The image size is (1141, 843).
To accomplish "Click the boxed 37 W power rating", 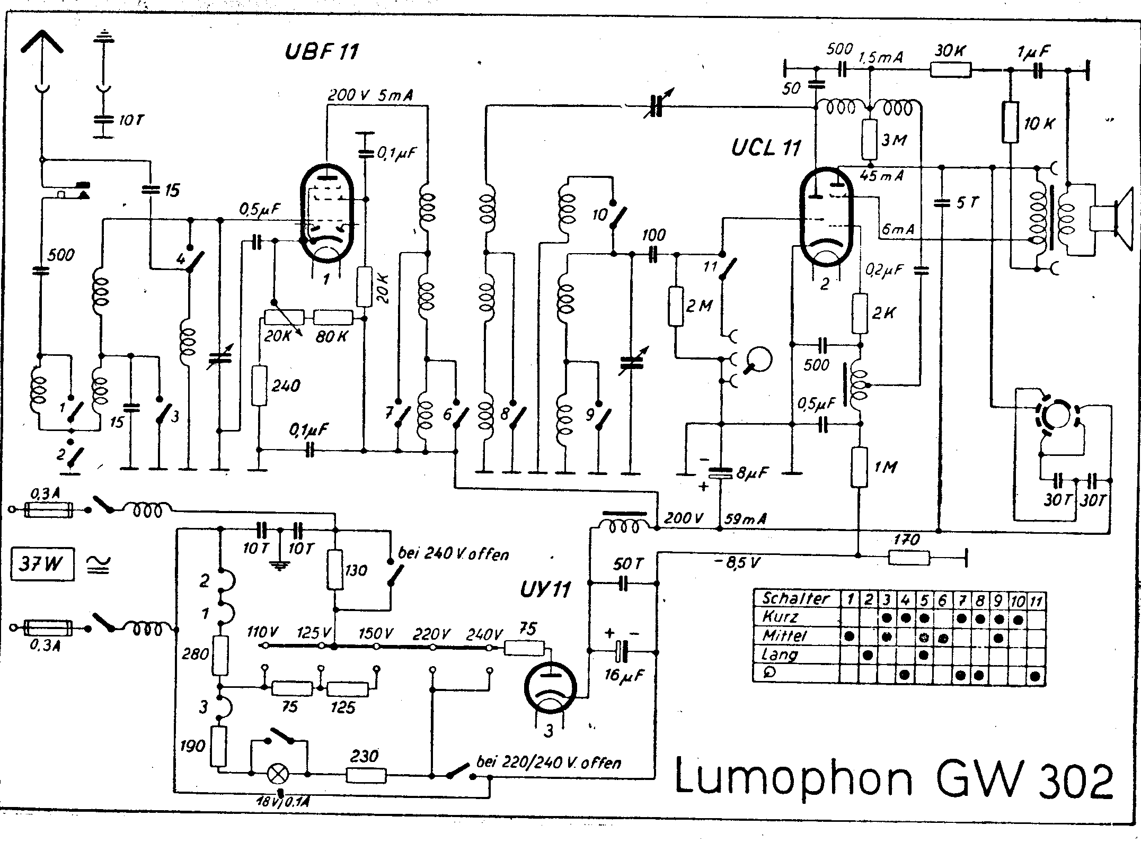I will point(42,565).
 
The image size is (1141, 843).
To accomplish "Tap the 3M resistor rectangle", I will point(869,139).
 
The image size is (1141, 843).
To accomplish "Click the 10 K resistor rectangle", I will point(1010,122).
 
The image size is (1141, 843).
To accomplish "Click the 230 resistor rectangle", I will point(366,776).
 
